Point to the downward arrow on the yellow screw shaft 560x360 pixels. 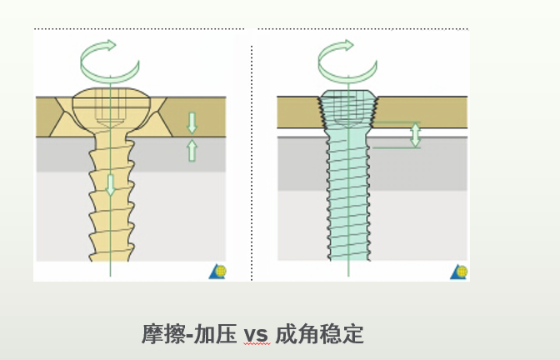coord(110,184)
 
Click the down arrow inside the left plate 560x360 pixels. coord(192,122)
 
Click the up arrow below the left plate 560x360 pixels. coord(192,150)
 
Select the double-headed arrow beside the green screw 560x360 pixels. coord(415,135)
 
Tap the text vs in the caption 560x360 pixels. coord(256,335)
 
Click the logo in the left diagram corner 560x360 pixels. coord(217,272)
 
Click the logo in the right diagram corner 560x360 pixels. coord(458,272)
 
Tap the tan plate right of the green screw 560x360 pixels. coord(425,108)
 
